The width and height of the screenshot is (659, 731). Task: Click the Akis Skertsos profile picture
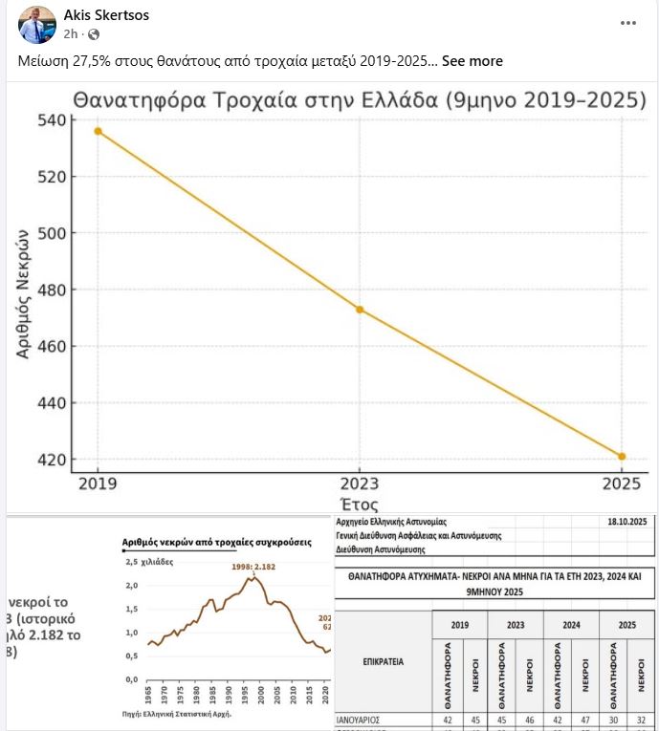[35, 24]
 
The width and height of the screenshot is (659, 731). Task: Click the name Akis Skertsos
[105, 15]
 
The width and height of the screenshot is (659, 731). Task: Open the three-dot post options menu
[628, 23]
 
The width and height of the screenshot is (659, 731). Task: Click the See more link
[472, 61]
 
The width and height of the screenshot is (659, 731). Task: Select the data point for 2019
[98, 131]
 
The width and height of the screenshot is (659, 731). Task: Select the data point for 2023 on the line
[360, 310]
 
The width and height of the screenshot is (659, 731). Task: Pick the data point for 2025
[622, 457]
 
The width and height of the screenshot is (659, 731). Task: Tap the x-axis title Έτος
[360, 505]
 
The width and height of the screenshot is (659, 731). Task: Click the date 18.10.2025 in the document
[627, 522]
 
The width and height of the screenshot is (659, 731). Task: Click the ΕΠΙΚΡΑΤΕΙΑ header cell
[383, 660]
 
